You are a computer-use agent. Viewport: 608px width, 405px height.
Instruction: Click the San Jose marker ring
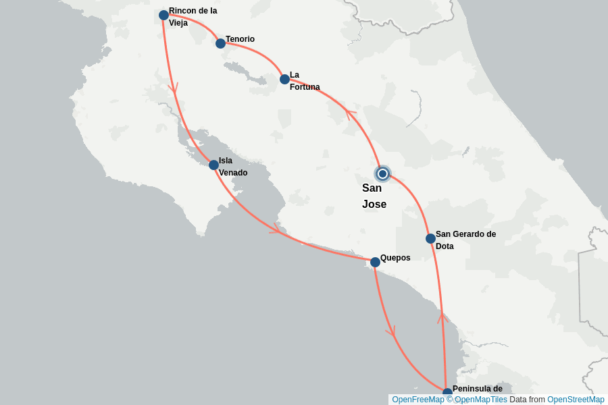coord(382,173)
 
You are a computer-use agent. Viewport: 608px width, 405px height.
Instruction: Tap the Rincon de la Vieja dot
coord(163,15)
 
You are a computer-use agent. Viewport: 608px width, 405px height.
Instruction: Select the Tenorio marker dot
coord(220,43)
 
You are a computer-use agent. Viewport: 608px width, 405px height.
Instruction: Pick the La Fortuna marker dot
coord(284,79)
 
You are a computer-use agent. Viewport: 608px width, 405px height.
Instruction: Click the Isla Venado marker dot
coord(213,165)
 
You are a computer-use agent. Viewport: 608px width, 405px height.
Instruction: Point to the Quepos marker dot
coord(375,262)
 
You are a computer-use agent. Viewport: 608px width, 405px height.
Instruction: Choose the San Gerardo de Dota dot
coord(430,238)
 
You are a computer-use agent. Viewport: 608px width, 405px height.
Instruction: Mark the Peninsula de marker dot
coord(447,393)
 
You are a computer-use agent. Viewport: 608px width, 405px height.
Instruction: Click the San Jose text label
coord(374,196)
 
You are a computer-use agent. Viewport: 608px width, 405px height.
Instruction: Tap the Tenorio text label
coord(240,39)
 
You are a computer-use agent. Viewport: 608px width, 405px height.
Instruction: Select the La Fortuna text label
coord(305,81)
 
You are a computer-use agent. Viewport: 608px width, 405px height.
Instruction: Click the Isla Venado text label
coord(232,167)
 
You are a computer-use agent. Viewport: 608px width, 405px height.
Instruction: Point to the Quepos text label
coord(395,258)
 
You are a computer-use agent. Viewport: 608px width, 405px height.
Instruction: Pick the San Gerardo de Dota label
coord(465,240)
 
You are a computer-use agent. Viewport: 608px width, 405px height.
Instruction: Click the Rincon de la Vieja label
coord(193,17)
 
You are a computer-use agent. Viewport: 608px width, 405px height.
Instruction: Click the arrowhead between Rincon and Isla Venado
coord(173,88)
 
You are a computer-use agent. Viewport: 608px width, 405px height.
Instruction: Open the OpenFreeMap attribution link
coord(417,400)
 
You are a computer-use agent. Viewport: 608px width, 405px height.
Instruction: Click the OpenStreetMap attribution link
coord(576,400)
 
